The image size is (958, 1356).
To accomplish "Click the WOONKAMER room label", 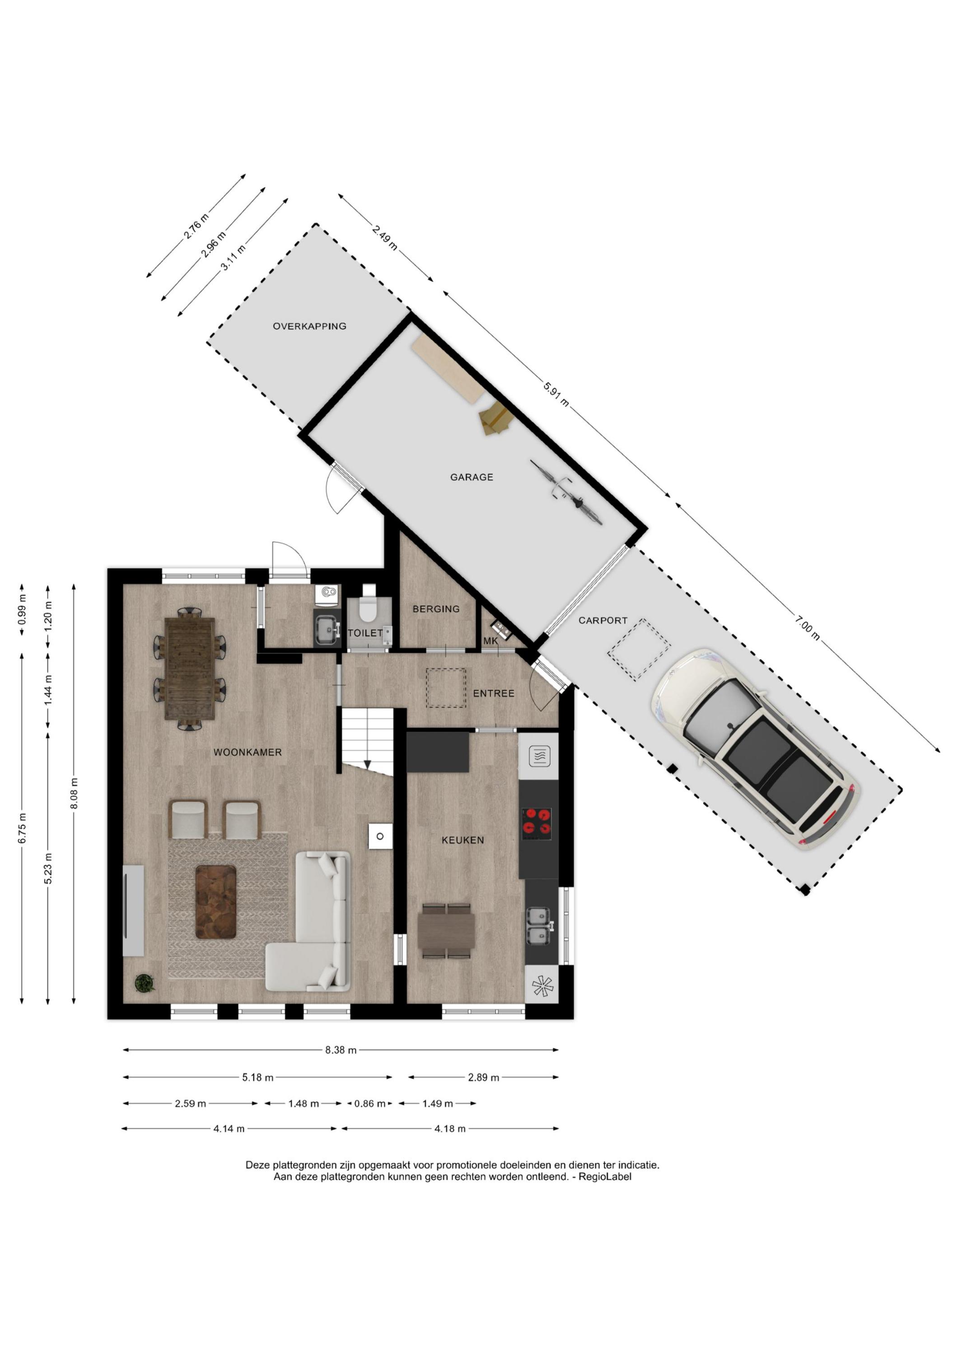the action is (x=248, y=753).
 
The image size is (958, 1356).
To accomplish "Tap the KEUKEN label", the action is (x=463, y=840).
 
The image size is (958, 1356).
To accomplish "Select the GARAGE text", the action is (x=472, y=477).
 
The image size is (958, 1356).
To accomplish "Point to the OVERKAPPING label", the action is (x=309, y=326).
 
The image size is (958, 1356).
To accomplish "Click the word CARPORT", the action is (x=603, y=621).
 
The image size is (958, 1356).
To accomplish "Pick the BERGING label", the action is (x=436, y=609).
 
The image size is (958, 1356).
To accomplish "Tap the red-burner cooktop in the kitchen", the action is (x=537, y=823).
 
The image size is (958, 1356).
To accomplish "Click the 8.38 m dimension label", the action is (x=341, y=1050).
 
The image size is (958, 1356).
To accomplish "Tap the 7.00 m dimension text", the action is (x=808, y=628).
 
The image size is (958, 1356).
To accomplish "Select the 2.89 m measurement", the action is (x=483, y=1078).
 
